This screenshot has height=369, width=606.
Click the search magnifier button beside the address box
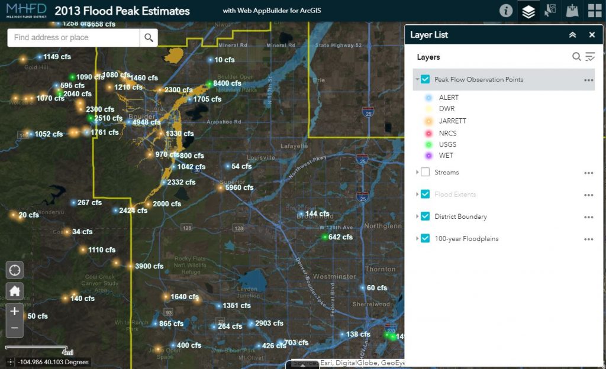[149, 38]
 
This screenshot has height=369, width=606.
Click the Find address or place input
[74, 38]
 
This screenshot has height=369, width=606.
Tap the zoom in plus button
[15, 311]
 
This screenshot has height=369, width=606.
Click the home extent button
[15, 291]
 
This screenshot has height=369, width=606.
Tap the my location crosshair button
[15, 271]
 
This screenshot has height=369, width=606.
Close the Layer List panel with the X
[592, 35]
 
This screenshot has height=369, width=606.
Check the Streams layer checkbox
[425, 172]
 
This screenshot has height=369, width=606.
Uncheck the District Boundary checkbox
[425, 216]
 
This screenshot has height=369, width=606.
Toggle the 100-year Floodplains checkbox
[425, 238]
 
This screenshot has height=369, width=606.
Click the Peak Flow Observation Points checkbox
[425, 79]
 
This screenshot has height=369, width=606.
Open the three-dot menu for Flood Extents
[588, 195]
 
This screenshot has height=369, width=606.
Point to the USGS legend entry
[447, 144]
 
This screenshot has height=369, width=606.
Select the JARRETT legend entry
[452, 121]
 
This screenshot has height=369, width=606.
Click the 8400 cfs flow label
[227, 83]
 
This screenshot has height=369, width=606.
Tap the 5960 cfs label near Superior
[239, 187]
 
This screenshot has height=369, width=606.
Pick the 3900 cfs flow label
[149, 266]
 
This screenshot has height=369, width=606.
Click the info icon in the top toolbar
[506, 11]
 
